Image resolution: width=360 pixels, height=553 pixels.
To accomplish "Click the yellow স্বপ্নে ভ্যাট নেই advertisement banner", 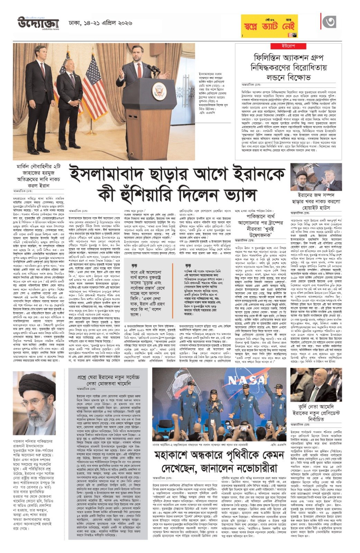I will pyautogui.click(x=269, y=26).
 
